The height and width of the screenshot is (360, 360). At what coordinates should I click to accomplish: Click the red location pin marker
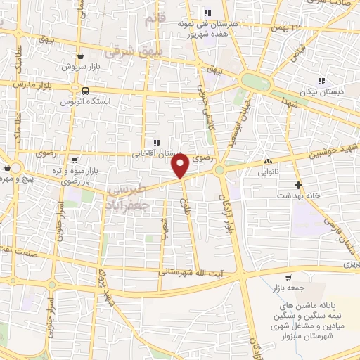(181, 167)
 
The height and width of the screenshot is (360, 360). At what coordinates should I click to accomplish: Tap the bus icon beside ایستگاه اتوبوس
(86, 91)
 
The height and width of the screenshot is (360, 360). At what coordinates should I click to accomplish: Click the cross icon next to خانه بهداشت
(299, 186)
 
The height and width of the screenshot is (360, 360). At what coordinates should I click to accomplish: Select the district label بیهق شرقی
(133, 51)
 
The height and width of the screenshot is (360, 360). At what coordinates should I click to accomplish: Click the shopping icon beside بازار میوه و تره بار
(75, 161)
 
